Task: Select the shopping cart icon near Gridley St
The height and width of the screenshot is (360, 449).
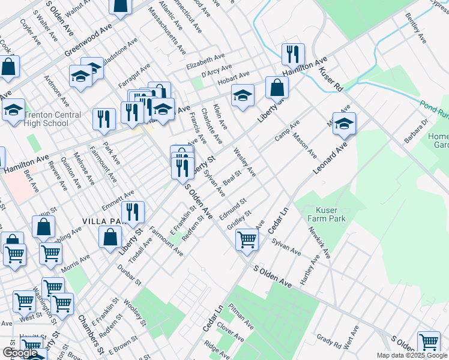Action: click(247, 240)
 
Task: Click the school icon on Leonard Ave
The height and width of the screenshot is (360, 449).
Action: click(344, 124)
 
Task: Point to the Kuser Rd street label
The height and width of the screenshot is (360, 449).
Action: click(331, 79)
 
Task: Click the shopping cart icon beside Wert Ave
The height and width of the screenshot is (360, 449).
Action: click(429, 342)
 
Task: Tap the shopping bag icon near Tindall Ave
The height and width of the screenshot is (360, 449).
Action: click(111, 236)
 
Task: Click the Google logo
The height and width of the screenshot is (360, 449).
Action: click(20, 353)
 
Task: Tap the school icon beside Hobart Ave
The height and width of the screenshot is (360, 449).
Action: click(242, 95)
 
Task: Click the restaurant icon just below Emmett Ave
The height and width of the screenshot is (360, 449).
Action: click(132, 212)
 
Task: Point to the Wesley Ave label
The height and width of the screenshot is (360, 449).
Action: click(245, 163)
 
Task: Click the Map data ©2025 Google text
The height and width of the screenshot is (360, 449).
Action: click(411, 355)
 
